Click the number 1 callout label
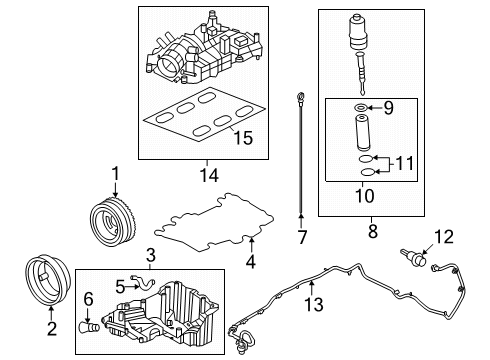click(115, 174)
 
